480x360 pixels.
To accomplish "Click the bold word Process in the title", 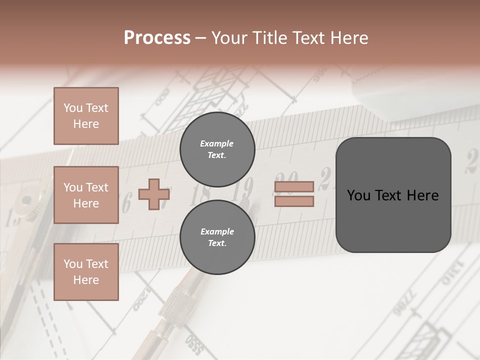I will [x=157, y=38].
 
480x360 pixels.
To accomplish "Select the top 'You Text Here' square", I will [x=86, y=116].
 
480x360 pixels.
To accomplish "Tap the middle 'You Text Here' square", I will [x=86, y=195].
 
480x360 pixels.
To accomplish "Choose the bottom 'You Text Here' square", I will [x=86, y=272].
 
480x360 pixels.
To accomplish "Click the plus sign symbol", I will [x=153, y=194].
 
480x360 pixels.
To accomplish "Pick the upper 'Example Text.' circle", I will [x=217, y=149].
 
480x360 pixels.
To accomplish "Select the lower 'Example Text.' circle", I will [x=217, y=237].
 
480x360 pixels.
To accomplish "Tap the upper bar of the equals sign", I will [x=294, y=187].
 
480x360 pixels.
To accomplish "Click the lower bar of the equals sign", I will [x=294, y=201].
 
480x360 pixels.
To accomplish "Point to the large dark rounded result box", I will [x=393, y=195].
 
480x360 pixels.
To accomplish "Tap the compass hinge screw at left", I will [x=25, y=202].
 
